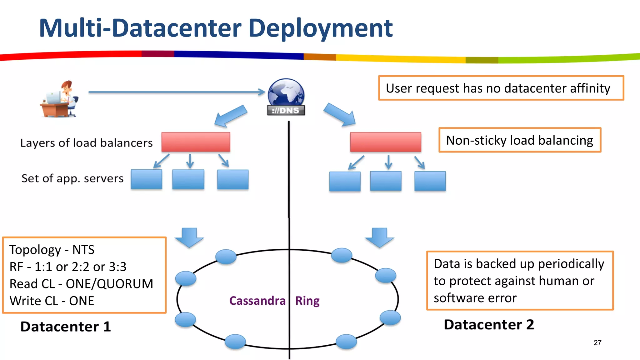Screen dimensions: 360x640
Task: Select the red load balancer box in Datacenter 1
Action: click(x=196, y=142)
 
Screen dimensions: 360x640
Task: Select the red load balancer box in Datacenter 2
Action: click(x=385, y=142)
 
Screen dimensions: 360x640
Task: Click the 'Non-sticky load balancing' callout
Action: click(x=519, y=140)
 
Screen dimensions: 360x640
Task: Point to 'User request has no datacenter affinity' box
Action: click(x=501, y=88)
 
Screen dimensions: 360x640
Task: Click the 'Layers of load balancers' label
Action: click(x=86, y=143)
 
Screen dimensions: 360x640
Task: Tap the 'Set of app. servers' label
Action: click(x=72, y=178)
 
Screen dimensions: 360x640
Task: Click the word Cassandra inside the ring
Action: click(x=257, y=301)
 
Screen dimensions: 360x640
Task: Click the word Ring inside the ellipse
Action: click(x=307, y=301)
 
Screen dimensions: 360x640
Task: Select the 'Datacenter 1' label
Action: click(x=66, y=327)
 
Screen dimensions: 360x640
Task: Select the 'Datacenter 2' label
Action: click(x=489, y=325)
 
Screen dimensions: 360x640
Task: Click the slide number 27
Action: click(x=597, y=343)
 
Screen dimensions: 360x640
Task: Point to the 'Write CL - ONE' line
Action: click(x=52, y=301)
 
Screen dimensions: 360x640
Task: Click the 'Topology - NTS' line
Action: click(x=52, y=250)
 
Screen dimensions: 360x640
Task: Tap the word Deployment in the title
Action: click(x=320, y=28)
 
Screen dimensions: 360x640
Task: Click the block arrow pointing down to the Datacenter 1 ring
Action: click(x=189, y=237)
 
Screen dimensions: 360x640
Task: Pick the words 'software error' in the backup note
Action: click(x=475, y=298)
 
